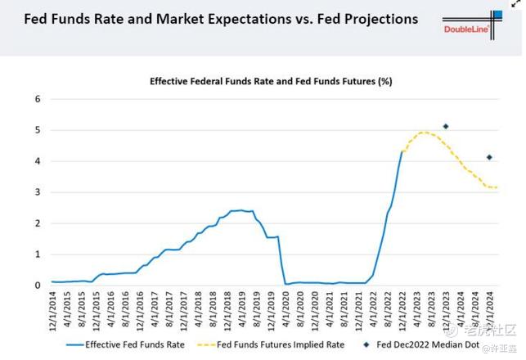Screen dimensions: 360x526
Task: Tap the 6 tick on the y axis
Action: click(x=37, y=99)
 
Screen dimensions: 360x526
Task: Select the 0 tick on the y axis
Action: click(x=37, y=286)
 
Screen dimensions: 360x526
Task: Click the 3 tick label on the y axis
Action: click(x=37, y=192)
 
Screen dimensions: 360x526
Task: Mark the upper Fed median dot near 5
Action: click(x=446, y=126)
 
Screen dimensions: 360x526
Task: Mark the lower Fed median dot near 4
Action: click(x=489, y=157)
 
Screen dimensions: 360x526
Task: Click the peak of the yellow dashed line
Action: click(x=424, y=133)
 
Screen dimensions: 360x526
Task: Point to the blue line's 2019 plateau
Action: click(x=237, y=210)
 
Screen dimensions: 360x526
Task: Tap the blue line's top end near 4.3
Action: click(x=402, y=151)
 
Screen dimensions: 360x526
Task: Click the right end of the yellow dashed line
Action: click(x=497, y=187)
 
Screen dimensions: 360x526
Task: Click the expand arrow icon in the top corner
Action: click(x=516, y=5)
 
